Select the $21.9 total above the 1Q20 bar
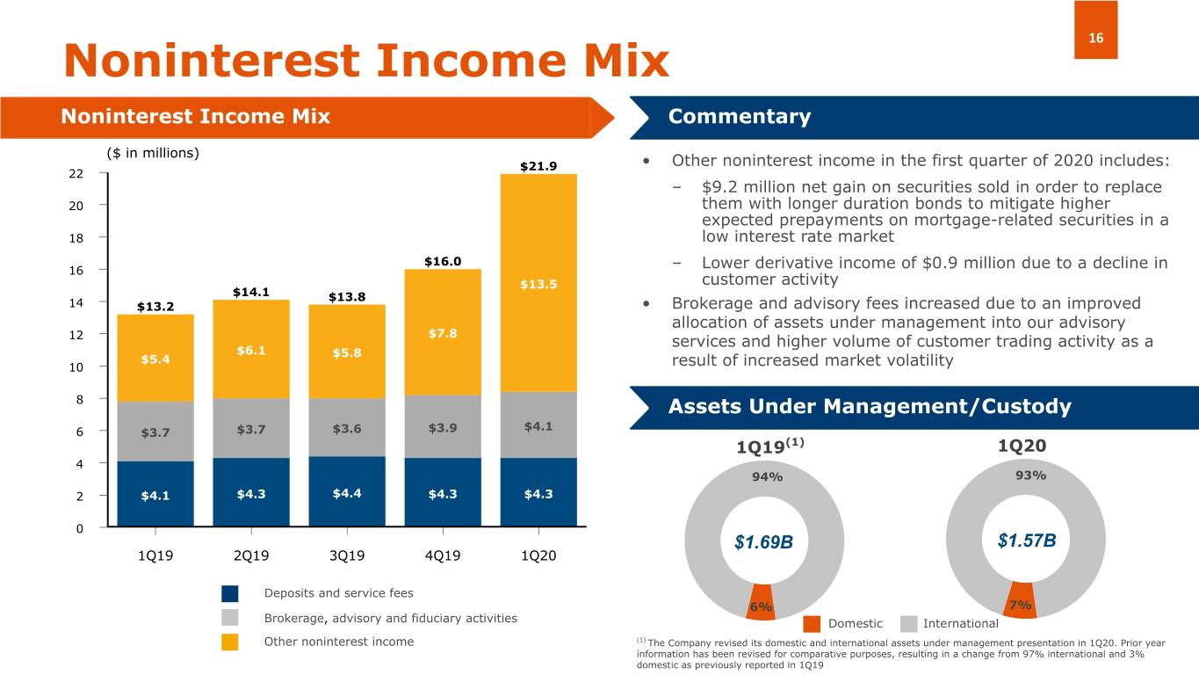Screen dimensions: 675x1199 click(538, 165)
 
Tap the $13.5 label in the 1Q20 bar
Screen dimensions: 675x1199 click(538, 284)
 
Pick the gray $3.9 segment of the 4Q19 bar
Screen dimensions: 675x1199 click(443, 427)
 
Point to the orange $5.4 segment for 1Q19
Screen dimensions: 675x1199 click(155, 359)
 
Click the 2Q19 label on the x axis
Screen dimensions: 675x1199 click(251, 556)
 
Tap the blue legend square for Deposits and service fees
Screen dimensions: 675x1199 click(230, 593)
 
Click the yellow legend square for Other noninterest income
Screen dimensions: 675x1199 click(230, 642)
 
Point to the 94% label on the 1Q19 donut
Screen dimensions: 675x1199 click(767, 477)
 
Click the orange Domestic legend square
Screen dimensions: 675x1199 click(812, 623)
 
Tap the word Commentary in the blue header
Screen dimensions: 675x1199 click(740, 117)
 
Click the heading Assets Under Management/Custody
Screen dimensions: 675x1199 click(870, 407)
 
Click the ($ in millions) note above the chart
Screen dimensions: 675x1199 click(153, 153)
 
